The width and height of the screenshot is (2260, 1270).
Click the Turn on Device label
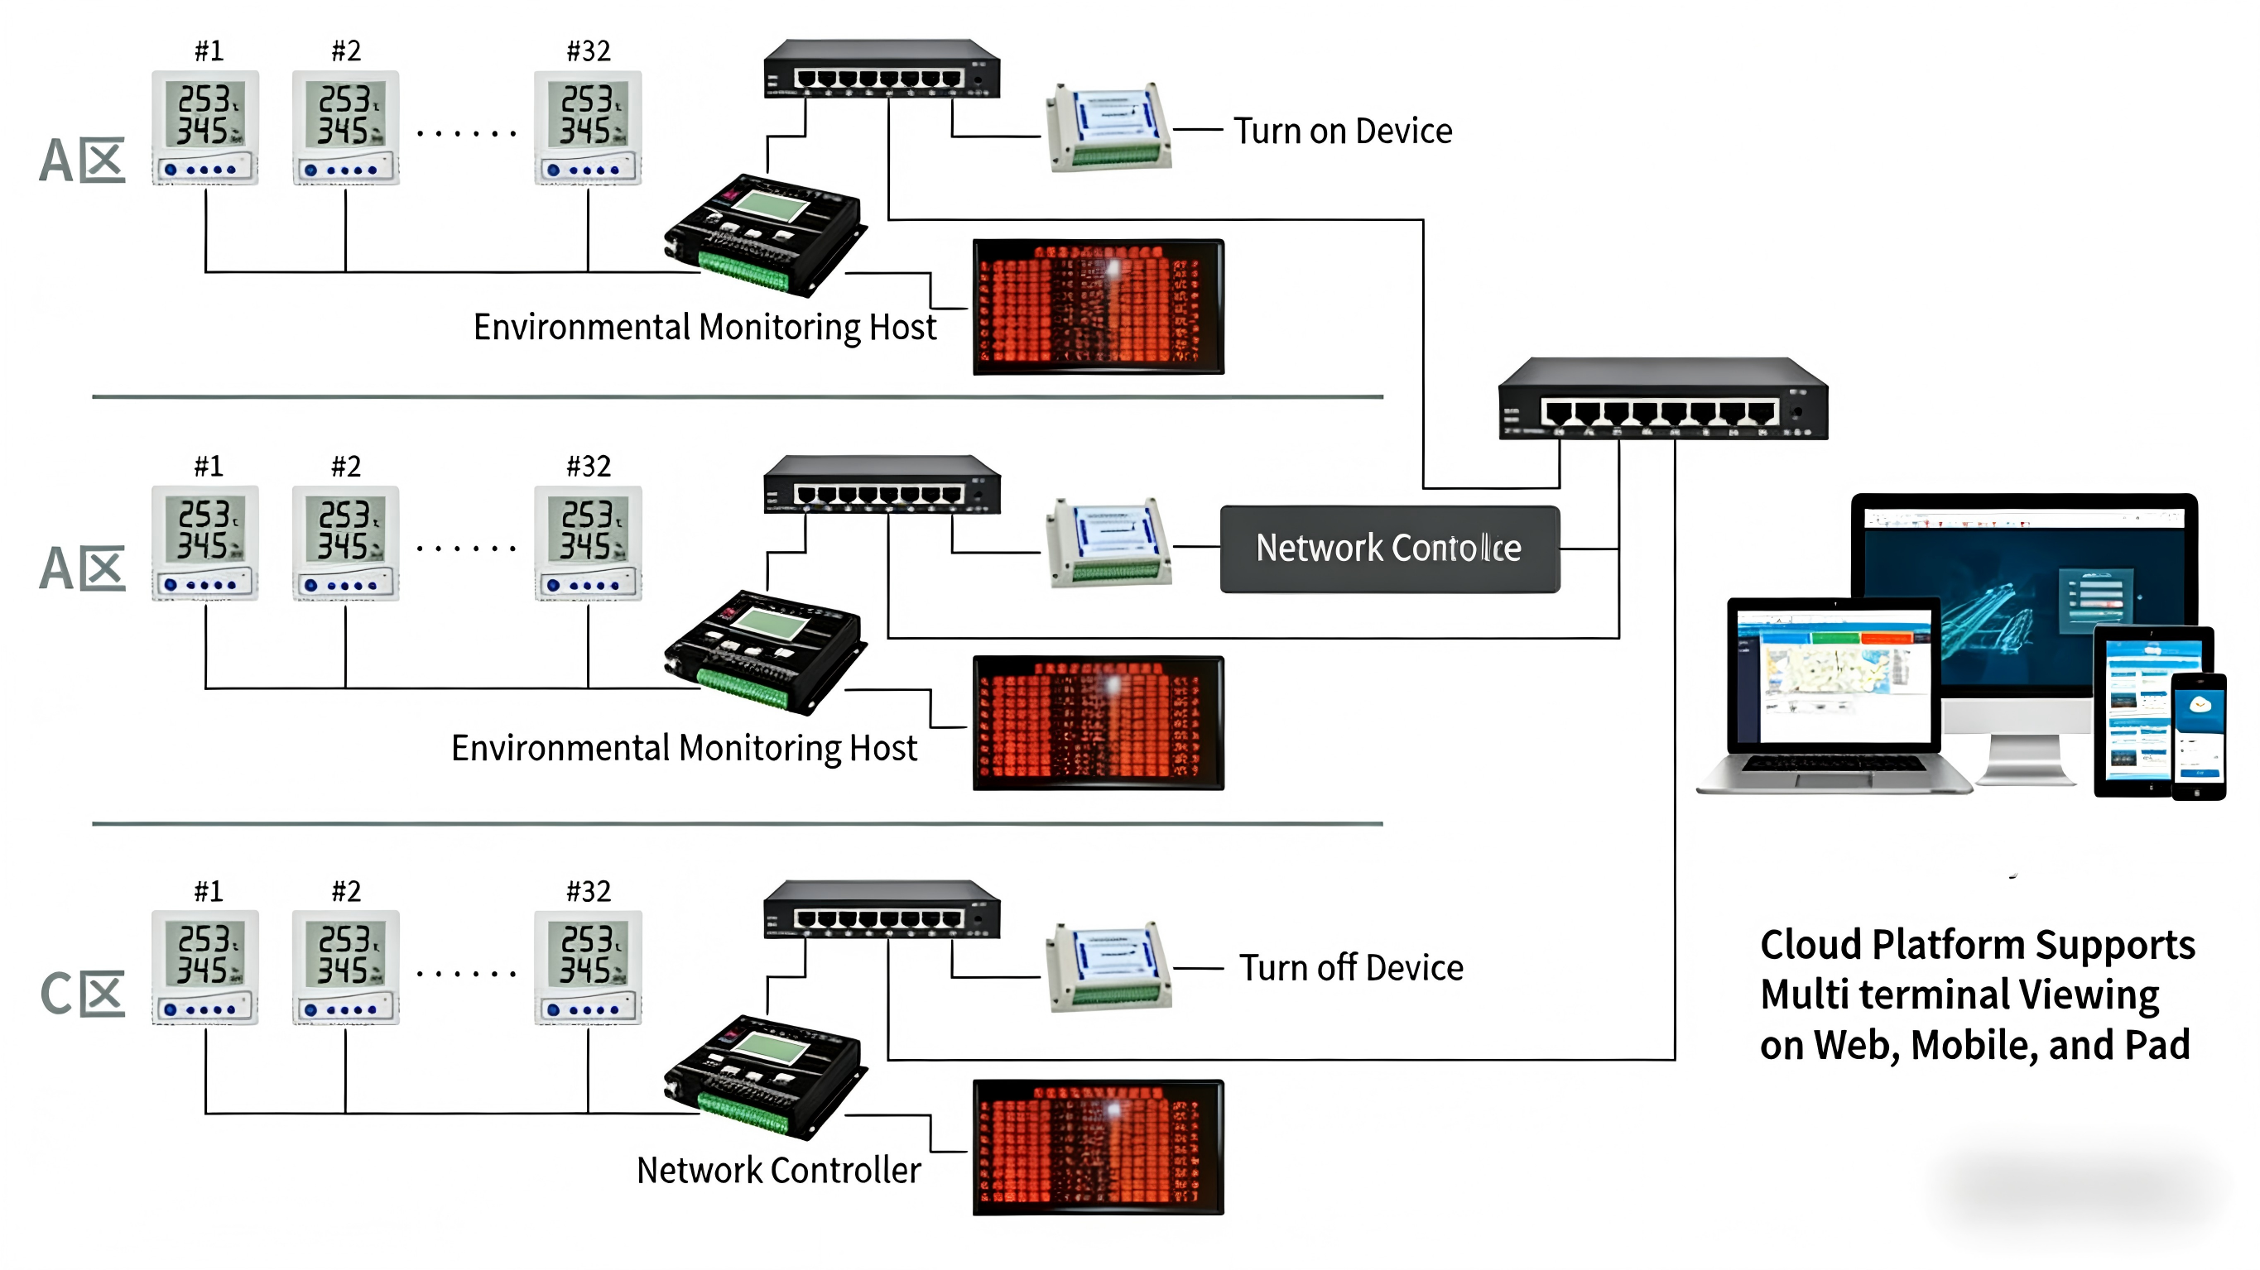point(1342,132)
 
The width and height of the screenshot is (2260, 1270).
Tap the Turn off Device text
point(1351,968)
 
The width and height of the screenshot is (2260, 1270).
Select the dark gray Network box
point(1390,549)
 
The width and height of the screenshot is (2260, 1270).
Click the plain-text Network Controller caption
point(778,1170)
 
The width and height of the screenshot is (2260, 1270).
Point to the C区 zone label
point(83,994)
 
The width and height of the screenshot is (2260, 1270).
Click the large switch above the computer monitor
point(1662,399)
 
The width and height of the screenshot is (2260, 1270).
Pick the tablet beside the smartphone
point(2132,711)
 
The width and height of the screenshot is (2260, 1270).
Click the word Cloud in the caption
point(1811,946)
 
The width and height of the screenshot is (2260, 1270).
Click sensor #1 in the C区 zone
point(205,967)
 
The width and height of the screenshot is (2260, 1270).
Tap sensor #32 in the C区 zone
point(588,967)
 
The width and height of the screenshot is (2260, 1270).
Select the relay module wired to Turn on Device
point(1108,127)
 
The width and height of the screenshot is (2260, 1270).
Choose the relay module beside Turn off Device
point(1108,966)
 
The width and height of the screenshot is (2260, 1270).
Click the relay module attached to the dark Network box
point(1108,543)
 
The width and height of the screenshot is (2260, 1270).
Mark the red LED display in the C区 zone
point(1098,1148)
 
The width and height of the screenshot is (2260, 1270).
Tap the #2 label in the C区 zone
point(346,892)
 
